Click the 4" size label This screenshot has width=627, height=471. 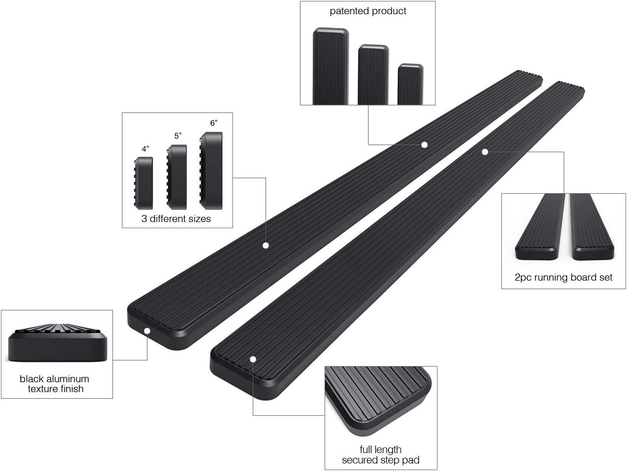[x=145, y=149]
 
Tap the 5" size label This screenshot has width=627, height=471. [x=178, y=136]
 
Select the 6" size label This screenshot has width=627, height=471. [x=214, y=123]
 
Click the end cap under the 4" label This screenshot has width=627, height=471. [x=143, y=183]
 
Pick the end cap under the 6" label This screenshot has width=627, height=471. [x=211, y=171]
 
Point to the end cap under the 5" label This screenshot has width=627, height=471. [x=177, y=177]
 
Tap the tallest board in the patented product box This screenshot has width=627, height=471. [x=331, y=66]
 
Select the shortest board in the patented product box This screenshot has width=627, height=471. [x=411, y=84]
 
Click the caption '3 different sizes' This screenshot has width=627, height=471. [x=176, y=219]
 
